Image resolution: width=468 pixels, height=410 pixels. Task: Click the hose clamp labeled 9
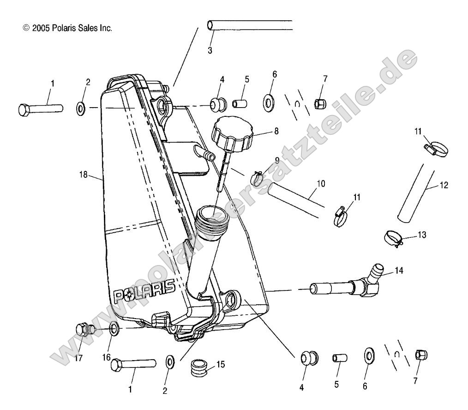(258, 178)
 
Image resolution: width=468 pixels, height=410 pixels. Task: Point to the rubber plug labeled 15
(200, 366)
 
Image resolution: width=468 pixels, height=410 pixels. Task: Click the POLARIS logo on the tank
(144, 290)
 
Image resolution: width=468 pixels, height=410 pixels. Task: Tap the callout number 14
(398, 271)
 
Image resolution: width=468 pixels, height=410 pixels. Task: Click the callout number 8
(276, 131)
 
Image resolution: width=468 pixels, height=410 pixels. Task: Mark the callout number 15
(220, 364)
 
